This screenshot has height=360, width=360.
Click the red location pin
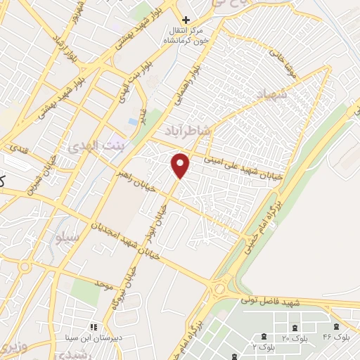click(181, 165)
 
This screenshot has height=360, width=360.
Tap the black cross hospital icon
click(185, 20)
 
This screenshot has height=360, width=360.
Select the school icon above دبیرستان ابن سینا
click(93, 327)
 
